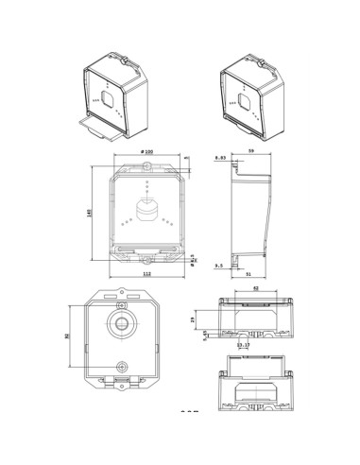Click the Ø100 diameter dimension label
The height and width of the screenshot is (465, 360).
click(146, 152)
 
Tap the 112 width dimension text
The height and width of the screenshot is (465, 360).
click(146, 274)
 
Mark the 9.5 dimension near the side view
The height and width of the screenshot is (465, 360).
click(219, 267)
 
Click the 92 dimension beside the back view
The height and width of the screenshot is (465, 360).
click(68, 336)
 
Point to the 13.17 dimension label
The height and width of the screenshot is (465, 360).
click(244, 346)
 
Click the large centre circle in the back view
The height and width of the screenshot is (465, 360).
click(120, 322)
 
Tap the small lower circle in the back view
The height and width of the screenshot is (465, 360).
click(121, 365)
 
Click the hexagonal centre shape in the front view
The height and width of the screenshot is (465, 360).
click(146, 209)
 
